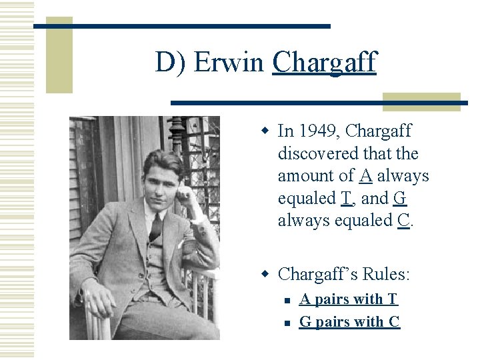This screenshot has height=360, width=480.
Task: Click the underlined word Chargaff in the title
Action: (324, 63)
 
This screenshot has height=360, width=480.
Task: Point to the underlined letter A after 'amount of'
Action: (365, 175)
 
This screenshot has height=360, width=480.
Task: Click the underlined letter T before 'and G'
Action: (346, 198)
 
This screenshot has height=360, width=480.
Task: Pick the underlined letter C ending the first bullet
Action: (403, 220)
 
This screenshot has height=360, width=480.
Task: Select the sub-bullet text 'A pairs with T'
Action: (348, 299)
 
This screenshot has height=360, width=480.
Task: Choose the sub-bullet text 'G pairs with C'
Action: (349, 321)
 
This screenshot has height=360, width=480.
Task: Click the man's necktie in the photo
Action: (155, 227)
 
